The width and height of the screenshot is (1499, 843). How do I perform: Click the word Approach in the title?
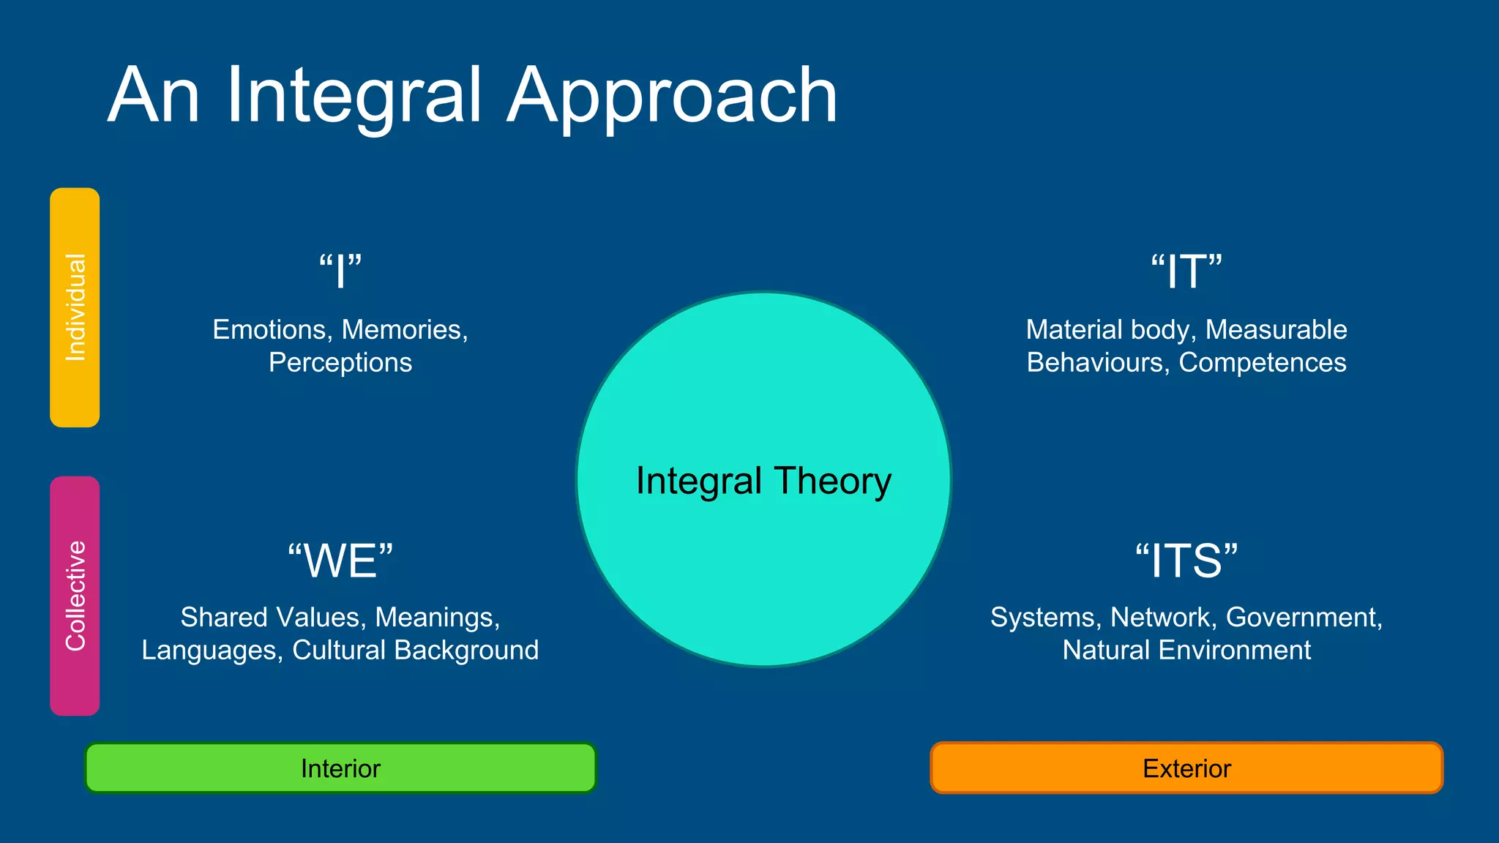click(671, 96)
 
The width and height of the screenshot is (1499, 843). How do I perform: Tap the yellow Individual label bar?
click(75, 307)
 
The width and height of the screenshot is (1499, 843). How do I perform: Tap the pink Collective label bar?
click(75, 596)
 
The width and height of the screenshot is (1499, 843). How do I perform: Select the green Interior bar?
click(340, 768)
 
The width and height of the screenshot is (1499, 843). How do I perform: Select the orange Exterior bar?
click(1186, 768)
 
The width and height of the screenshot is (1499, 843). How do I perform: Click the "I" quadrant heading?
click(340, 271)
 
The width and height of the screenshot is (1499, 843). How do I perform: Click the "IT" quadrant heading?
click(1186, 271)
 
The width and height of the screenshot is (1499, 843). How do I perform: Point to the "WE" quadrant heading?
click(340, 561)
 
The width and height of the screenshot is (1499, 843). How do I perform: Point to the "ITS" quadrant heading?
click(1186, 561)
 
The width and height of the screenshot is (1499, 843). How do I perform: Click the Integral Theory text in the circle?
click(763, 482)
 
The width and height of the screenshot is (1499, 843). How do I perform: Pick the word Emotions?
click(269, 330)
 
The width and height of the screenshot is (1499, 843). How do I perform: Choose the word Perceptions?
click(340, 363)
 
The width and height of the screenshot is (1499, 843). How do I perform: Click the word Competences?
click(1263, 363)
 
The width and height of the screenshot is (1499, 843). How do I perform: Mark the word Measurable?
click(1276, 330)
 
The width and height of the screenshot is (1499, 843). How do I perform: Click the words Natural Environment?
click(1186, 651)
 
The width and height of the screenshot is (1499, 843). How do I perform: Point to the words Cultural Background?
click(415, 651)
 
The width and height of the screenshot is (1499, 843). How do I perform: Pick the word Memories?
click(404, 330)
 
